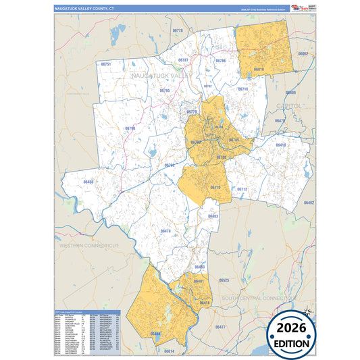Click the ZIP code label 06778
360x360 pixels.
(x=178, y=30)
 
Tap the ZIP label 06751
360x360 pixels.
(x=105, y=64)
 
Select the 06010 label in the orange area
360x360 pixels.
(x=259, y=69)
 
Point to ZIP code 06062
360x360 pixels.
(x=303, y=53)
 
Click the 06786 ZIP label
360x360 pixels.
(x=220, y=61)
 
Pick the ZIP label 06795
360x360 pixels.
(x=165, y=91)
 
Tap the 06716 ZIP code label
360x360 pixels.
(x=243, y=89)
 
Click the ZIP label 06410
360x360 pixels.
(x=281, y=145)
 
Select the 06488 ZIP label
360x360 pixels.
(x=88, y=182)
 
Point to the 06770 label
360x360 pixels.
(x=215, y=187)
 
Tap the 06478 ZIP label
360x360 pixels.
(x=165, y=231)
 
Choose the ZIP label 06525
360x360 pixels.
(x=224, y=280)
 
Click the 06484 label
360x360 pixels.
(x=156, y=334)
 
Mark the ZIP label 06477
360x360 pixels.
(x=220, y=327)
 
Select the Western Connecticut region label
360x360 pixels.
(x=88, y=245)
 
